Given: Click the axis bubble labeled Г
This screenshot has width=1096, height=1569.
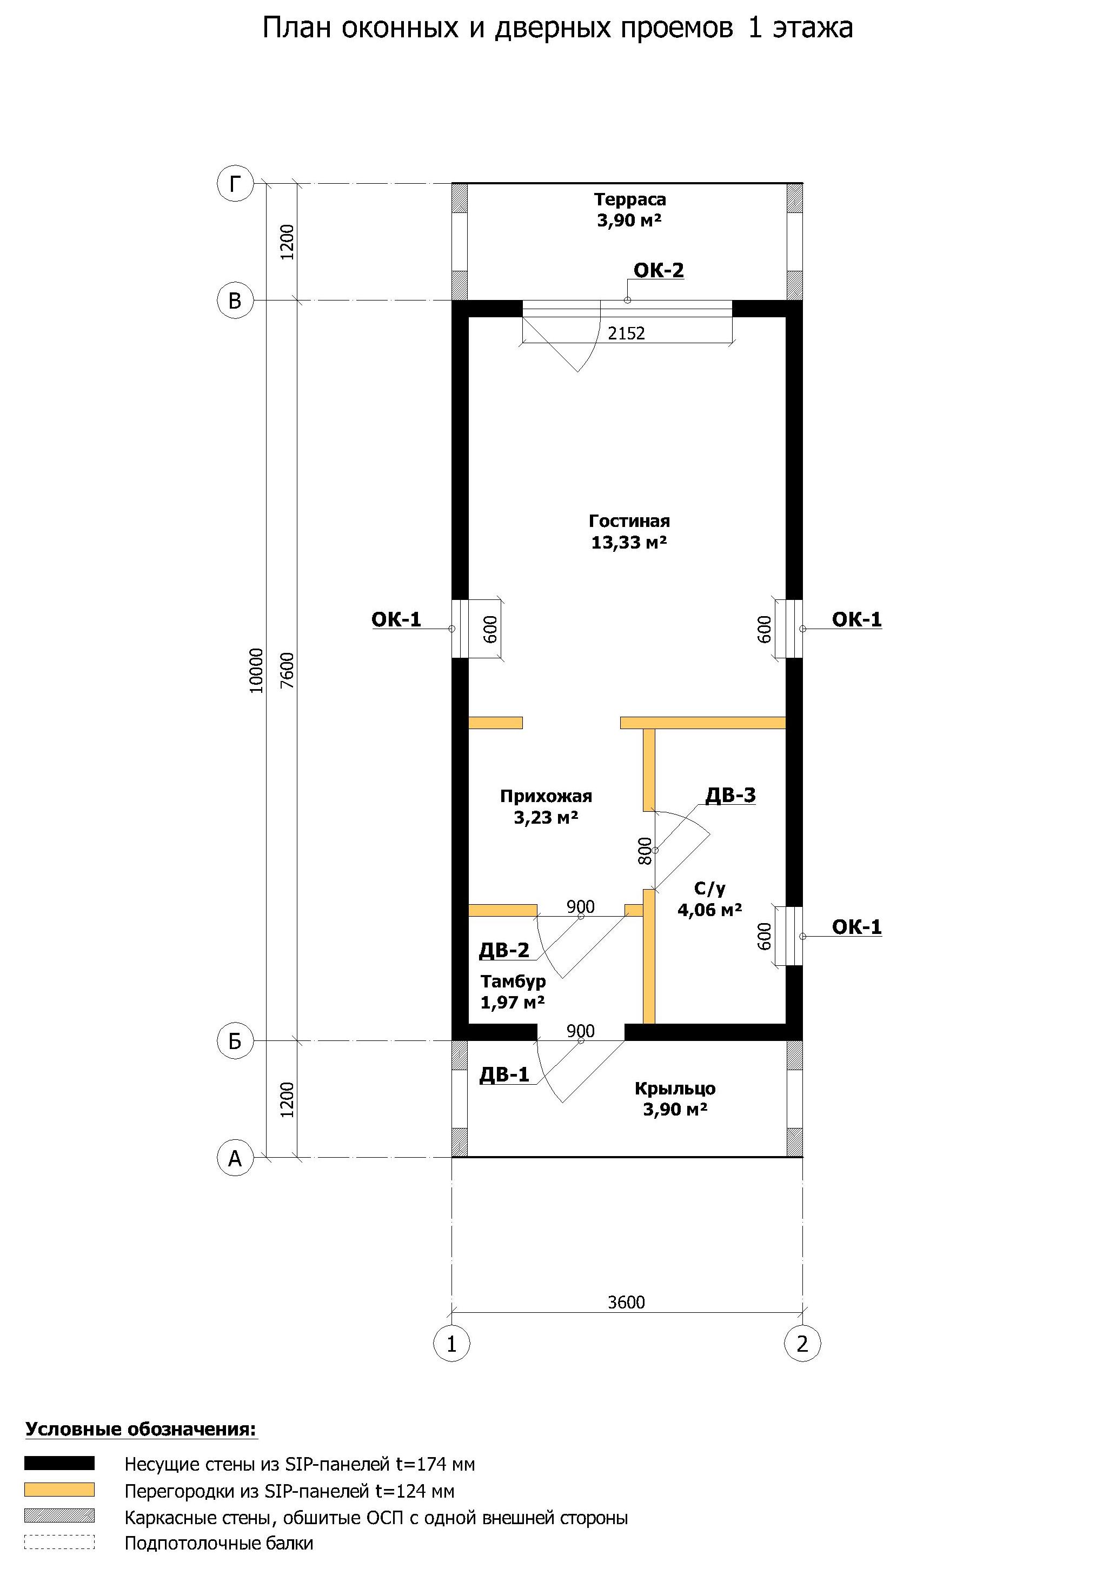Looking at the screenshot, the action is point(235,184).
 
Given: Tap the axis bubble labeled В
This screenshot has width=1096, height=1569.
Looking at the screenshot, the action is point(235,301).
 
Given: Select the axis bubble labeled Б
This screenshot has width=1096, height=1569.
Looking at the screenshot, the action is point(235,1041).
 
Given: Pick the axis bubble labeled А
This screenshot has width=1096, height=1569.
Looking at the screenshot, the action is point(235,1158).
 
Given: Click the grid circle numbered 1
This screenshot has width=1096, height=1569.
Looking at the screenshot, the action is point(451,1344).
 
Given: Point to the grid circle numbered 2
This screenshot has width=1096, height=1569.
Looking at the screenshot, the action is point(802,1344).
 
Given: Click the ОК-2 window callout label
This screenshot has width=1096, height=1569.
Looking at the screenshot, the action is point(659,271).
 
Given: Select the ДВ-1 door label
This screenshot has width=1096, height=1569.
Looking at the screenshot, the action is point(504,1075).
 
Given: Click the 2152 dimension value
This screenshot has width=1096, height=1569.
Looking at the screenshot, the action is point(626,333).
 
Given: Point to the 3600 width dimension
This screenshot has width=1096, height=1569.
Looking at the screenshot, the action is point(626,1302).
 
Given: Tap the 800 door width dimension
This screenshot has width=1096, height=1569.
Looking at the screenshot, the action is point(645,851).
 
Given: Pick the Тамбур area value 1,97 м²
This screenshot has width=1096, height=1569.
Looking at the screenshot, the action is point(513,1003).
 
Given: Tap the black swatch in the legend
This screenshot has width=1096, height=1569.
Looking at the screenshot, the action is point(59,1463).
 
